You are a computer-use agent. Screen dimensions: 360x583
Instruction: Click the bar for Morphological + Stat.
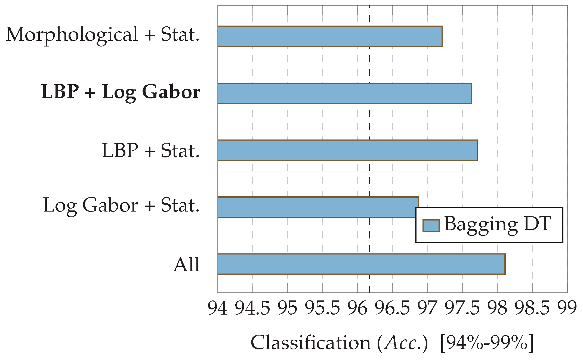(x=330, y=36)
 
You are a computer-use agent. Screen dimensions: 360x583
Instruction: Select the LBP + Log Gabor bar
(x=344, y=93)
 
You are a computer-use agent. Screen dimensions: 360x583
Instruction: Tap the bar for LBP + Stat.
(x=347, y=150)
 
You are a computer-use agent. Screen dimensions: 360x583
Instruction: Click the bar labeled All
(x=361, y=264)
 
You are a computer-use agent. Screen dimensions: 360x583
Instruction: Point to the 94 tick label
(x=218, y=308)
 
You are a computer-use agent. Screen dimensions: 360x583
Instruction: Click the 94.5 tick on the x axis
(x=252, y=308)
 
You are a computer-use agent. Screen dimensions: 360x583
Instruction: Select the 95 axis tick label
(x=288, y=308)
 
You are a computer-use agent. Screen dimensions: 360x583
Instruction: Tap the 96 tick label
(x=357, y=308)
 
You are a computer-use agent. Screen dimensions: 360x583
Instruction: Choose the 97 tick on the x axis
(x=427, y=308)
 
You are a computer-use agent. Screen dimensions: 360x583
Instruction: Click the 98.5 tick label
(x=532, y=308)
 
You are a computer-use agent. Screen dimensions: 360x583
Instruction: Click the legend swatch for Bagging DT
(x=431, y=226)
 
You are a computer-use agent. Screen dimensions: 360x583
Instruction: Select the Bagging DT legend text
(x=498, y=225)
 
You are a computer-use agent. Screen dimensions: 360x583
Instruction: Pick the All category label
(x=187, y=265)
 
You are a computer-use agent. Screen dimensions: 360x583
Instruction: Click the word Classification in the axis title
(x=311, y=343)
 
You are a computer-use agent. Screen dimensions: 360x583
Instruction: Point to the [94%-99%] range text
(x=487, y=343)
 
